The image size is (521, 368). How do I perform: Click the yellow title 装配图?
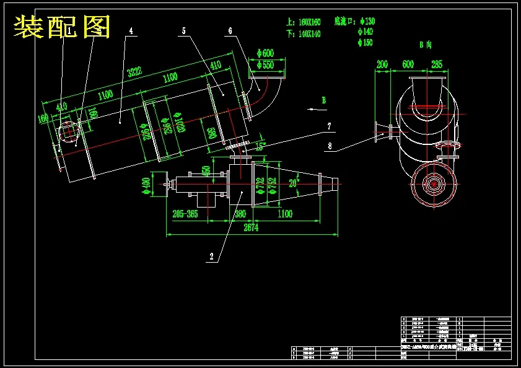[x=62, y=26]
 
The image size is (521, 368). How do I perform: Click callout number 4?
[x=131, y=30]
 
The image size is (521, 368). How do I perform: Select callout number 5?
[x=184, y=30]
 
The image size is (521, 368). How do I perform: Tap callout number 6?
[x=230, y=30]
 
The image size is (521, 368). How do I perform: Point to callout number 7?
[x=329, y=126]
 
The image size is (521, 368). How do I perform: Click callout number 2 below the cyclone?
[x=212, y=256]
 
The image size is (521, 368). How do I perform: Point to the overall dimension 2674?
[x=250, y=227]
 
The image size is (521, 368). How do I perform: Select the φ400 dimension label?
[x=146, y=184]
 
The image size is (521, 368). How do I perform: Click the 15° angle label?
[x=260, y=147]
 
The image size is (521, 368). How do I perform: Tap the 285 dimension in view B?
[x=437, y=64]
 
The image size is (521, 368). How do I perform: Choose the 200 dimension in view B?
[x=382, y=64]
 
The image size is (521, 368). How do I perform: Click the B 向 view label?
[x=425, y=45]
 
